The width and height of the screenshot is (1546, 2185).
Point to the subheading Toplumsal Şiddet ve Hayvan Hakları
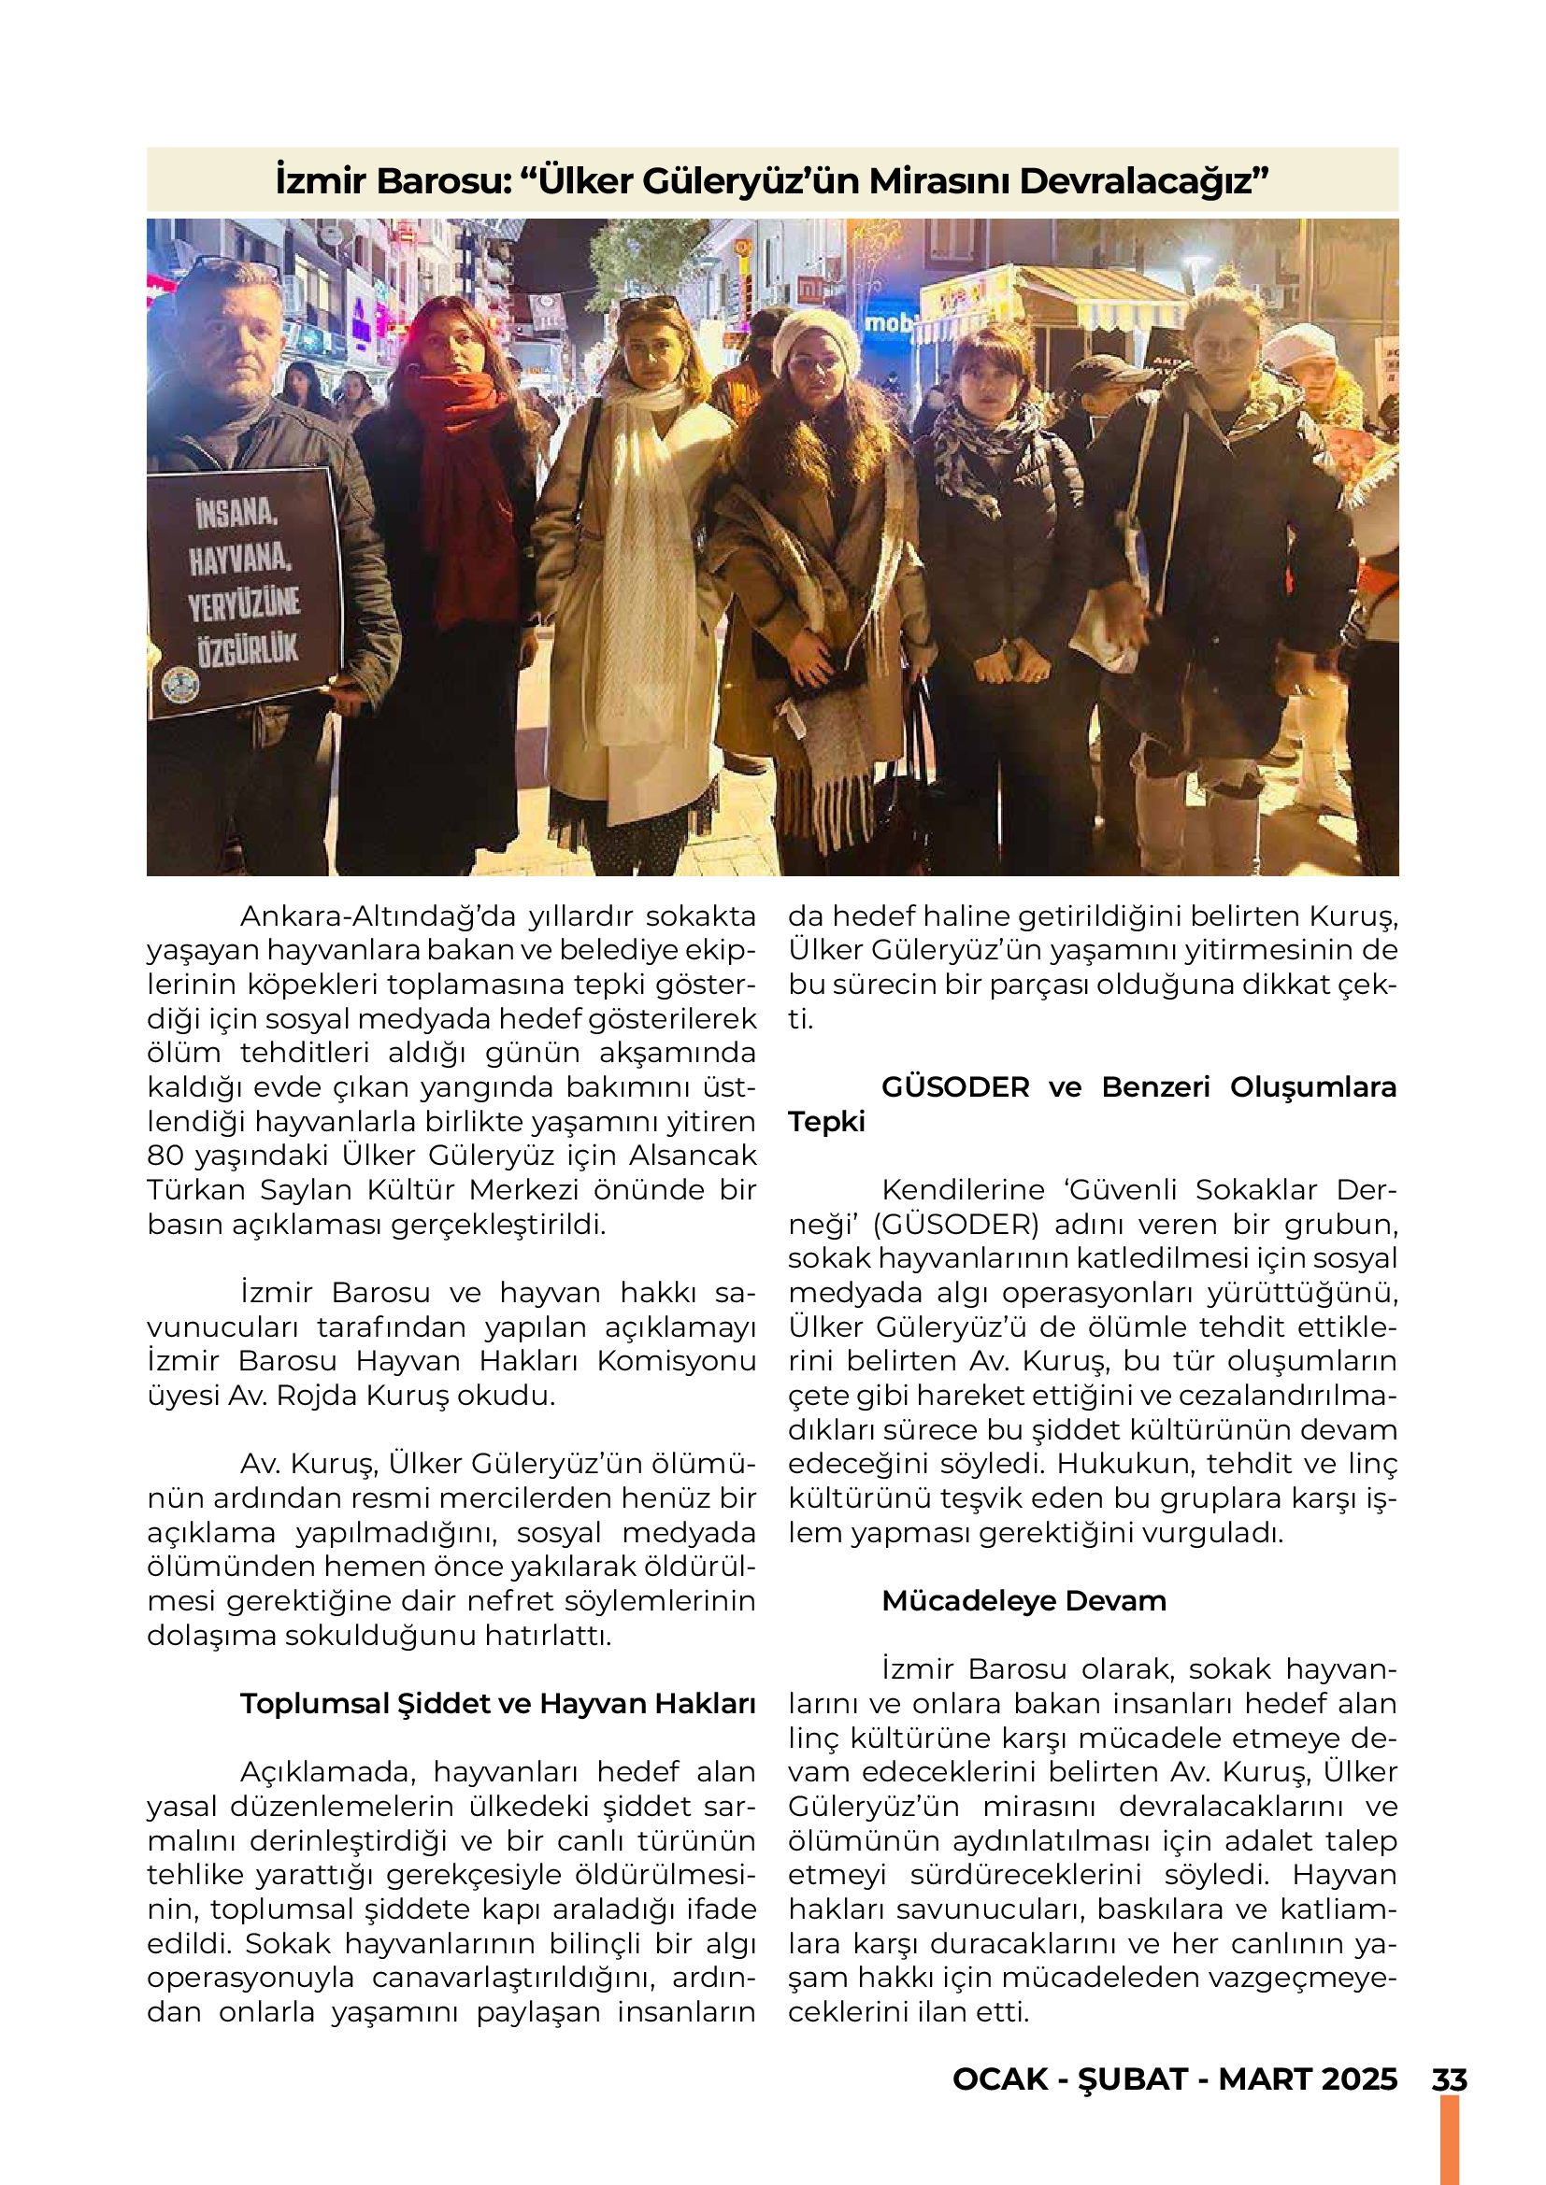pyautogui.click(x=497, y=1704)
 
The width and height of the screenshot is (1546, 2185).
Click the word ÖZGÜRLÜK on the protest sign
pyautogui.click(x=248, y=650)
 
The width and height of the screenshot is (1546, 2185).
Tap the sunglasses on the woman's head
pyautogui.click(x=649, y=305)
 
